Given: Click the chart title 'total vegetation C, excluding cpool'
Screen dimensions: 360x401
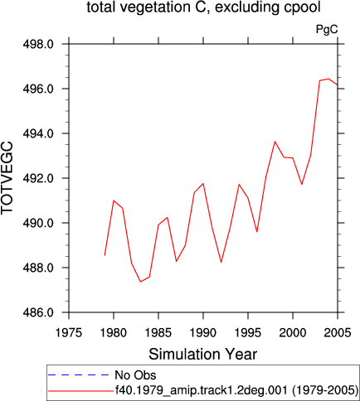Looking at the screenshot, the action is click(x=204, y=7).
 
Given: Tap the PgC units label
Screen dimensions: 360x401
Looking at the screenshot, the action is click(x=327, y=29).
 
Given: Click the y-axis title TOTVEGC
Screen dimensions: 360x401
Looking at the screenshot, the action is click(x=7, y=178).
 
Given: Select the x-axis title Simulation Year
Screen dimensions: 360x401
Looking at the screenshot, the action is click(x=203, y=354).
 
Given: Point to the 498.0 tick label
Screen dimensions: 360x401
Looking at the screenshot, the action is click(x=38, y=44).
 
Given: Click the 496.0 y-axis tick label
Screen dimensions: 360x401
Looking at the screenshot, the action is click(x=38, y=89).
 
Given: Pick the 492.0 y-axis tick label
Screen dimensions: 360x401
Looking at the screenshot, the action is click(x=38, y=178).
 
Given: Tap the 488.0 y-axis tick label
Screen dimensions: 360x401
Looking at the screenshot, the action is click(x=38, y=268).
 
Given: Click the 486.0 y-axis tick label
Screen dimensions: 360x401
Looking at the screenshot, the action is click(x=38, y=312).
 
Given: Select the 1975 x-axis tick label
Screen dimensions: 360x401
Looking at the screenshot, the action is click(x=69, y=333).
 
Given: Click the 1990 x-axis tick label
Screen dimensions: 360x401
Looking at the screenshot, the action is click(x=203, y=333).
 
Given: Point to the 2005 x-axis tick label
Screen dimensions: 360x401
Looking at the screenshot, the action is click(x=338, y=333).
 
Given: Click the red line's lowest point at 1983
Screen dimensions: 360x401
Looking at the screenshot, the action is click(x=140, y=282).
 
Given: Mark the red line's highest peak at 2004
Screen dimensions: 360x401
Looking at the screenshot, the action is click(x=328, y=79).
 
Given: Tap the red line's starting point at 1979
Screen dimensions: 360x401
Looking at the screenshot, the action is click(x=105, y=255).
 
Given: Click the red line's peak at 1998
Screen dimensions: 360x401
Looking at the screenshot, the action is click(x=275, y=142).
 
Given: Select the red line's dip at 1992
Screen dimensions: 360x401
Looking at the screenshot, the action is click(x=221, y=262).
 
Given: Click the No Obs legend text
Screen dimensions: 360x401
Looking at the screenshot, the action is click(x=135, y=375).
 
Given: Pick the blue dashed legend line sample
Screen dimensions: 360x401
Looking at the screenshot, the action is click(x=79, y=375).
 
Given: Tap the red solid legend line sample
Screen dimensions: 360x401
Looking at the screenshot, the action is click(x=80, y=391).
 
